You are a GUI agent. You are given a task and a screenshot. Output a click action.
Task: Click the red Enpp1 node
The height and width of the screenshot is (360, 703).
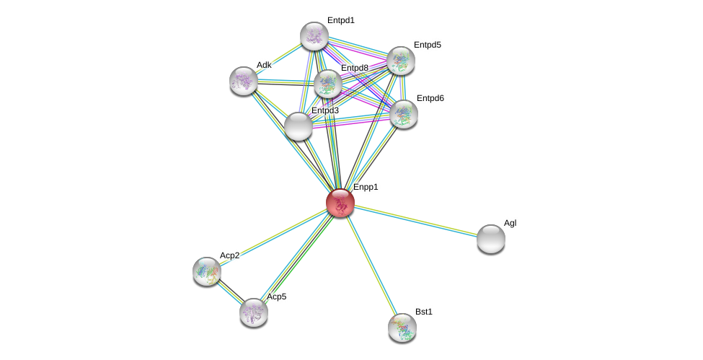coord(340,203)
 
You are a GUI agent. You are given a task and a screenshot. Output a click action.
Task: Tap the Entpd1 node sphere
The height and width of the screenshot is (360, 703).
coord(314,36)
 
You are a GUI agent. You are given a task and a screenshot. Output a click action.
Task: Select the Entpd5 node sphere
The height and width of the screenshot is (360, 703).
coord(401,61)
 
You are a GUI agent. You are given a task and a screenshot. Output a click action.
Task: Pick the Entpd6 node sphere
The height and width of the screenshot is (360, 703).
coord(403,113)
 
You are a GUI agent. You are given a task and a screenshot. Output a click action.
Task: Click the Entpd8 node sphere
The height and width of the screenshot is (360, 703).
coord(328,84)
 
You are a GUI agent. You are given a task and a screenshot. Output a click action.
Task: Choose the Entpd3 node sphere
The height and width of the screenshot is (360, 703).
coord(298,126)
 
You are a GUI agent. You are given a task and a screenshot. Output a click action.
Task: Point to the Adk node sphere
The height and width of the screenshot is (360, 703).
coord(244,81)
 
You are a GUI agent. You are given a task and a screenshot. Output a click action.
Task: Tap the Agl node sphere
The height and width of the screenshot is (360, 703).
coord(491,239)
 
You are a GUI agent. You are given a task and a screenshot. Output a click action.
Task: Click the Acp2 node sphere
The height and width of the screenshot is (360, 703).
coord(207,271)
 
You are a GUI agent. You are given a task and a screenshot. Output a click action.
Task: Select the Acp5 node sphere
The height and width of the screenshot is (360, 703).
coord(254,312)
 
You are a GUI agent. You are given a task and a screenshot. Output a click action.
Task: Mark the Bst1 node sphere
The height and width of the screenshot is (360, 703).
coord(402,328)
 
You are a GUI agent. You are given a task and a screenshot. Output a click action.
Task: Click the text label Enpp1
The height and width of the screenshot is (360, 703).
coord(366,188)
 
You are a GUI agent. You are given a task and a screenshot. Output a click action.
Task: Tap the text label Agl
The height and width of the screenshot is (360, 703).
coord(510,224)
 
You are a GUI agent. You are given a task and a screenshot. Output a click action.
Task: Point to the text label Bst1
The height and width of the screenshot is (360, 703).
coord(424,312)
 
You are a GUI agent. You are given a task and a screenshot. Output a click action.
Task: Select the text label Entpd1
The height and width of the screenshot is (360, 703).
coord(340,20)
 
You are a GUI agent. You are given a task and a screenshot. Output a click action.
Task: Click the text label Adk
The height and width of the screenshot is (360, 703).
coord(264,65)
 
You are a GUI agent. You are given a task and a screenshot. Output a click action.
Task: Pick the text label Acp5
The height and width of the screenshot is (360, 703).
coord(279,297)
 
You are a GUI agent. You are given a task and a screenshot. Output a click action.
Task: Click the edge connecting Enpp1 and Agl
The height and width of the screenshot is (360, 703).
coord(415,221)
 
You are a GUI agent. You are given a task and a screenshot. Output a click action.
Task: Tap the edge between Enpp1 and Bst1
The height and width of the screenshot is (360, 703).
coord(371,265)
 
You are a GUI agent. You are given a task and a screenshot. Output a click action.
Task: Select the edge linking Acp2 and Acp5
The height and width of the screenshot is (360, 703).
coord(230,291)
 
